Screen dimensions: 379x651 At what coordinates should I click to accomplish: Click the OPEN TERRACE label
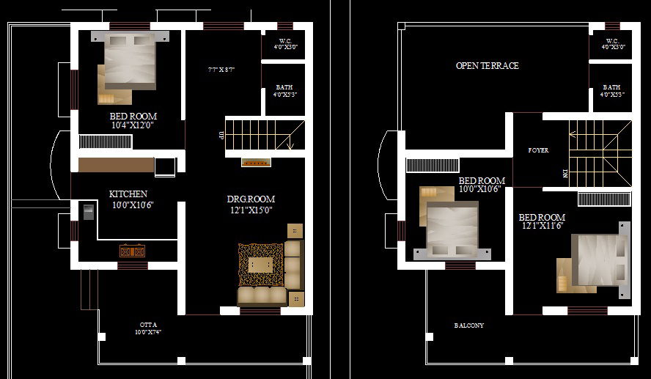[487, 66]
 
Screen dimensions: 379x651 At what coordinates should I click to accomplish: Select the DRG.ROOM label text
[251, 199]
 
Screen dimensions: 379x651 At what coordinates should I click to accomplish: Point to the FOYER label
[538, 150]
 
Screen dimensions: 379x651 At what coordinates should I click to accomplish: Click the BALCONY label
[468, 325]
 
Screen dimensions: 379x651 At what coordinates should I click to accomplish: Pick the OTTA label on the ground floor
[148, 324]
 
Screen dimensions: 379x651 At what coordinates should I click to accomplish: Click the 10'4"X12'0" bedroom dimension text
[133, 125]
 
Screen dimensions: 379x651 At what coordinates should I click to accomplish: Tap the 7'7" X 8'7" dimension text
[221, 70]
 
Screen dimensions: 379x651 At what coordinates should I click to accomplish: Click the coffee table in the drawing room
[260, 265]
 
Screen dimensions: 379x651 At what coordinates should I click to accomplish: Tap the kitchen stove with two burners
[133, 251]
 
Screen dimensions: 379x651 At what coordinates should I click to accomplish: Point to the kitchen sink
[89, 212]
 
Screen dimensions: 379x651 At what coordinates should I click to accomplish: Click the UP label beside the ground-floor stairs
[221, 135]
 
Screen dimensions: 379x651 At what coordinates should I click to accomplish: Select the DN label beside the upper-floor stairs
[564, 173]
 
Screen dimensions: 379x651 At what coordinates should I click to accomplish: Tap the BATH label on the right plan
[611, 87]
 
